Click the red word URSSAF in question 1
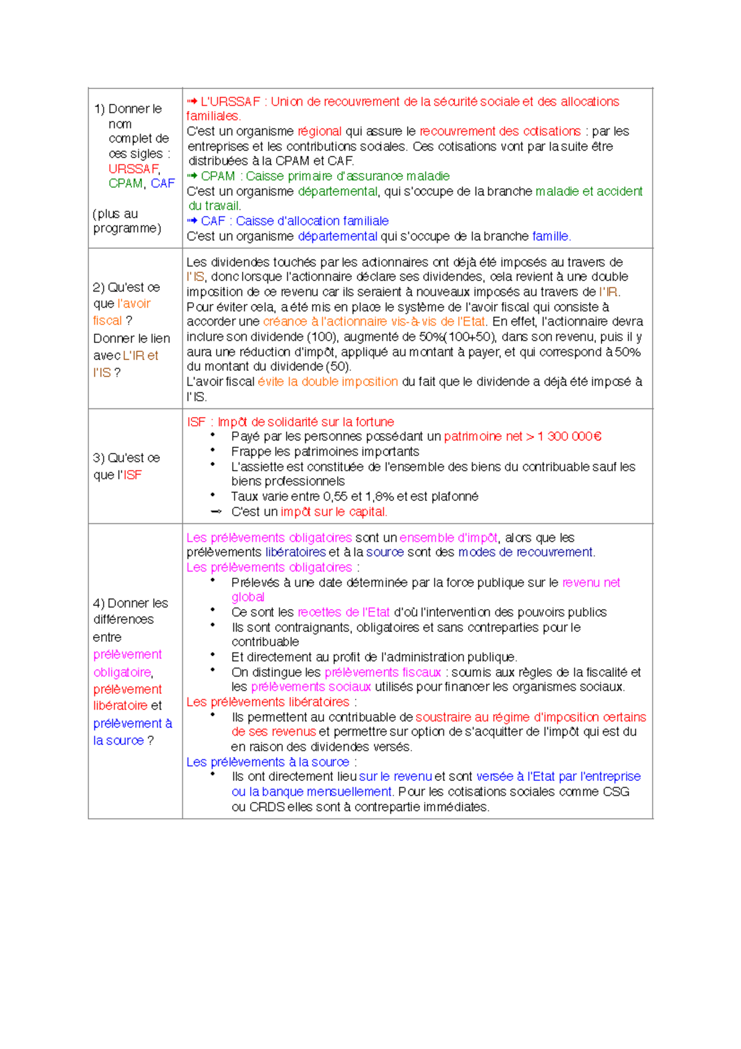(133, 169)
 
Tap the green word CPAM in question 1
(125, 183)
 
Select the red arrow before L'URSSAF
(192, 101)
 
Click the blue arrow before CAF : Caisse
(192, 221)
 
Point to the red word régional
(319, 131)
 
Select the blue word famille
(550, 236)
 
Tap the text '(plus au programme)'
(127, 221)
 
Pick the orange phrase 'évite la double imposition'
(327, 382)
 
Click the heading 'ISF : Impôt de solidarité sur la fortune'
(290, 422)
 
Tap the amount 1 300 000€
(569, 437)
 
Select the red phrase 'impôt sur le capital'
(333, 512)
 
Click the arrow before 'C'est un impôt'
(216, 512)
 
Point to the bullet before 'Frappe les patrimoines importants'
(212, 450)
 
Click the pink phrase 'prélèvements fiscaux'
(382, 672)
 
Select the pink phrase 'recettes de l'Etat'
(343, 612)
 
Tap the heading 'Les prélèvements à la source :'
(271, 762)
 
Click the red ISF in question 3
(132, 475)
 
